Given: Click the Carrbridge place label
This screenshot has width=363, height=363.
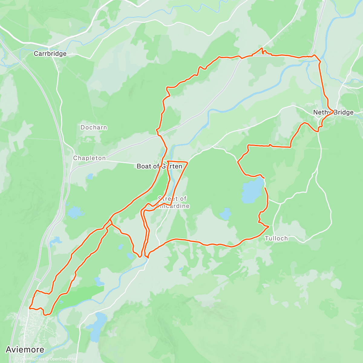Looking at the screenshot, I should [50, 54].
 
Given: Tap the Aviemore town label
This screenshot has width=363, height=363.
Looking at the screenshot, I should [25, 350].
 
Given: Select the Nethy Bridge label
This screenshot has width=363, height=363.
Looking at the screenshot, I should [333, 113].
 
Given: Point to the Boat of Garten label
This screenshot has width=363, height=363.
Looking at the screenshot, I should [159, 166].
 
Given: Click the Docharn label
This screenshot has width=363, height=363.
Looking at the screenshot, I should [93, 127].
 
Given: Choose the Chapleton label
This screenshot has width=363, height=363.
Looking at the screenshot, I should [90, 158].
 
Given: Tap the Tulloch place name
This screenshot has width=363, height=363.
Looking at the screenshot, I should [276, 238].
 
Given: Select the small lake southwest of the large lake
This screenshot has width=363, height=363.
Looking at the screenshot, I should [225, 214].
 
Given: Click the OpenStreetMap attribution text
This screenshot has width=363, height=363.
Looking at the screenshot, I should [63, 359].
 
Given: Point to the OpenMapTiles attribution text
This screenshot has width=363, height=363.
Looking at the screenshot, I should [32, 359].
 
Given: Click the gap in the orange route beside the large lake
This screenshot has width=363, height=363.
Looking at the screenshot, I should [265, 183].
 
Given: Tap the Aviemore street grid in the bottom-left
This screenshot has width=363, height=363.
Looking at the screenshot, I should [33, 327].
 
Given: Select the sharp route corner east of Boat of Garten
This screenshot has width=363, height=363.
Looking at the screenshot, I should [188, 163].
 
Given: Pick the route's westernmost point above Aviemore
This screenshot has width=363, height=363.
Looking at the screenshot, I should [29, 308].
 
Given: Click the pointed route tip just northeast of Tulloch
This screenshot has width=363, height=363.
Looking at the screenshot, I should [269, 226].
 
